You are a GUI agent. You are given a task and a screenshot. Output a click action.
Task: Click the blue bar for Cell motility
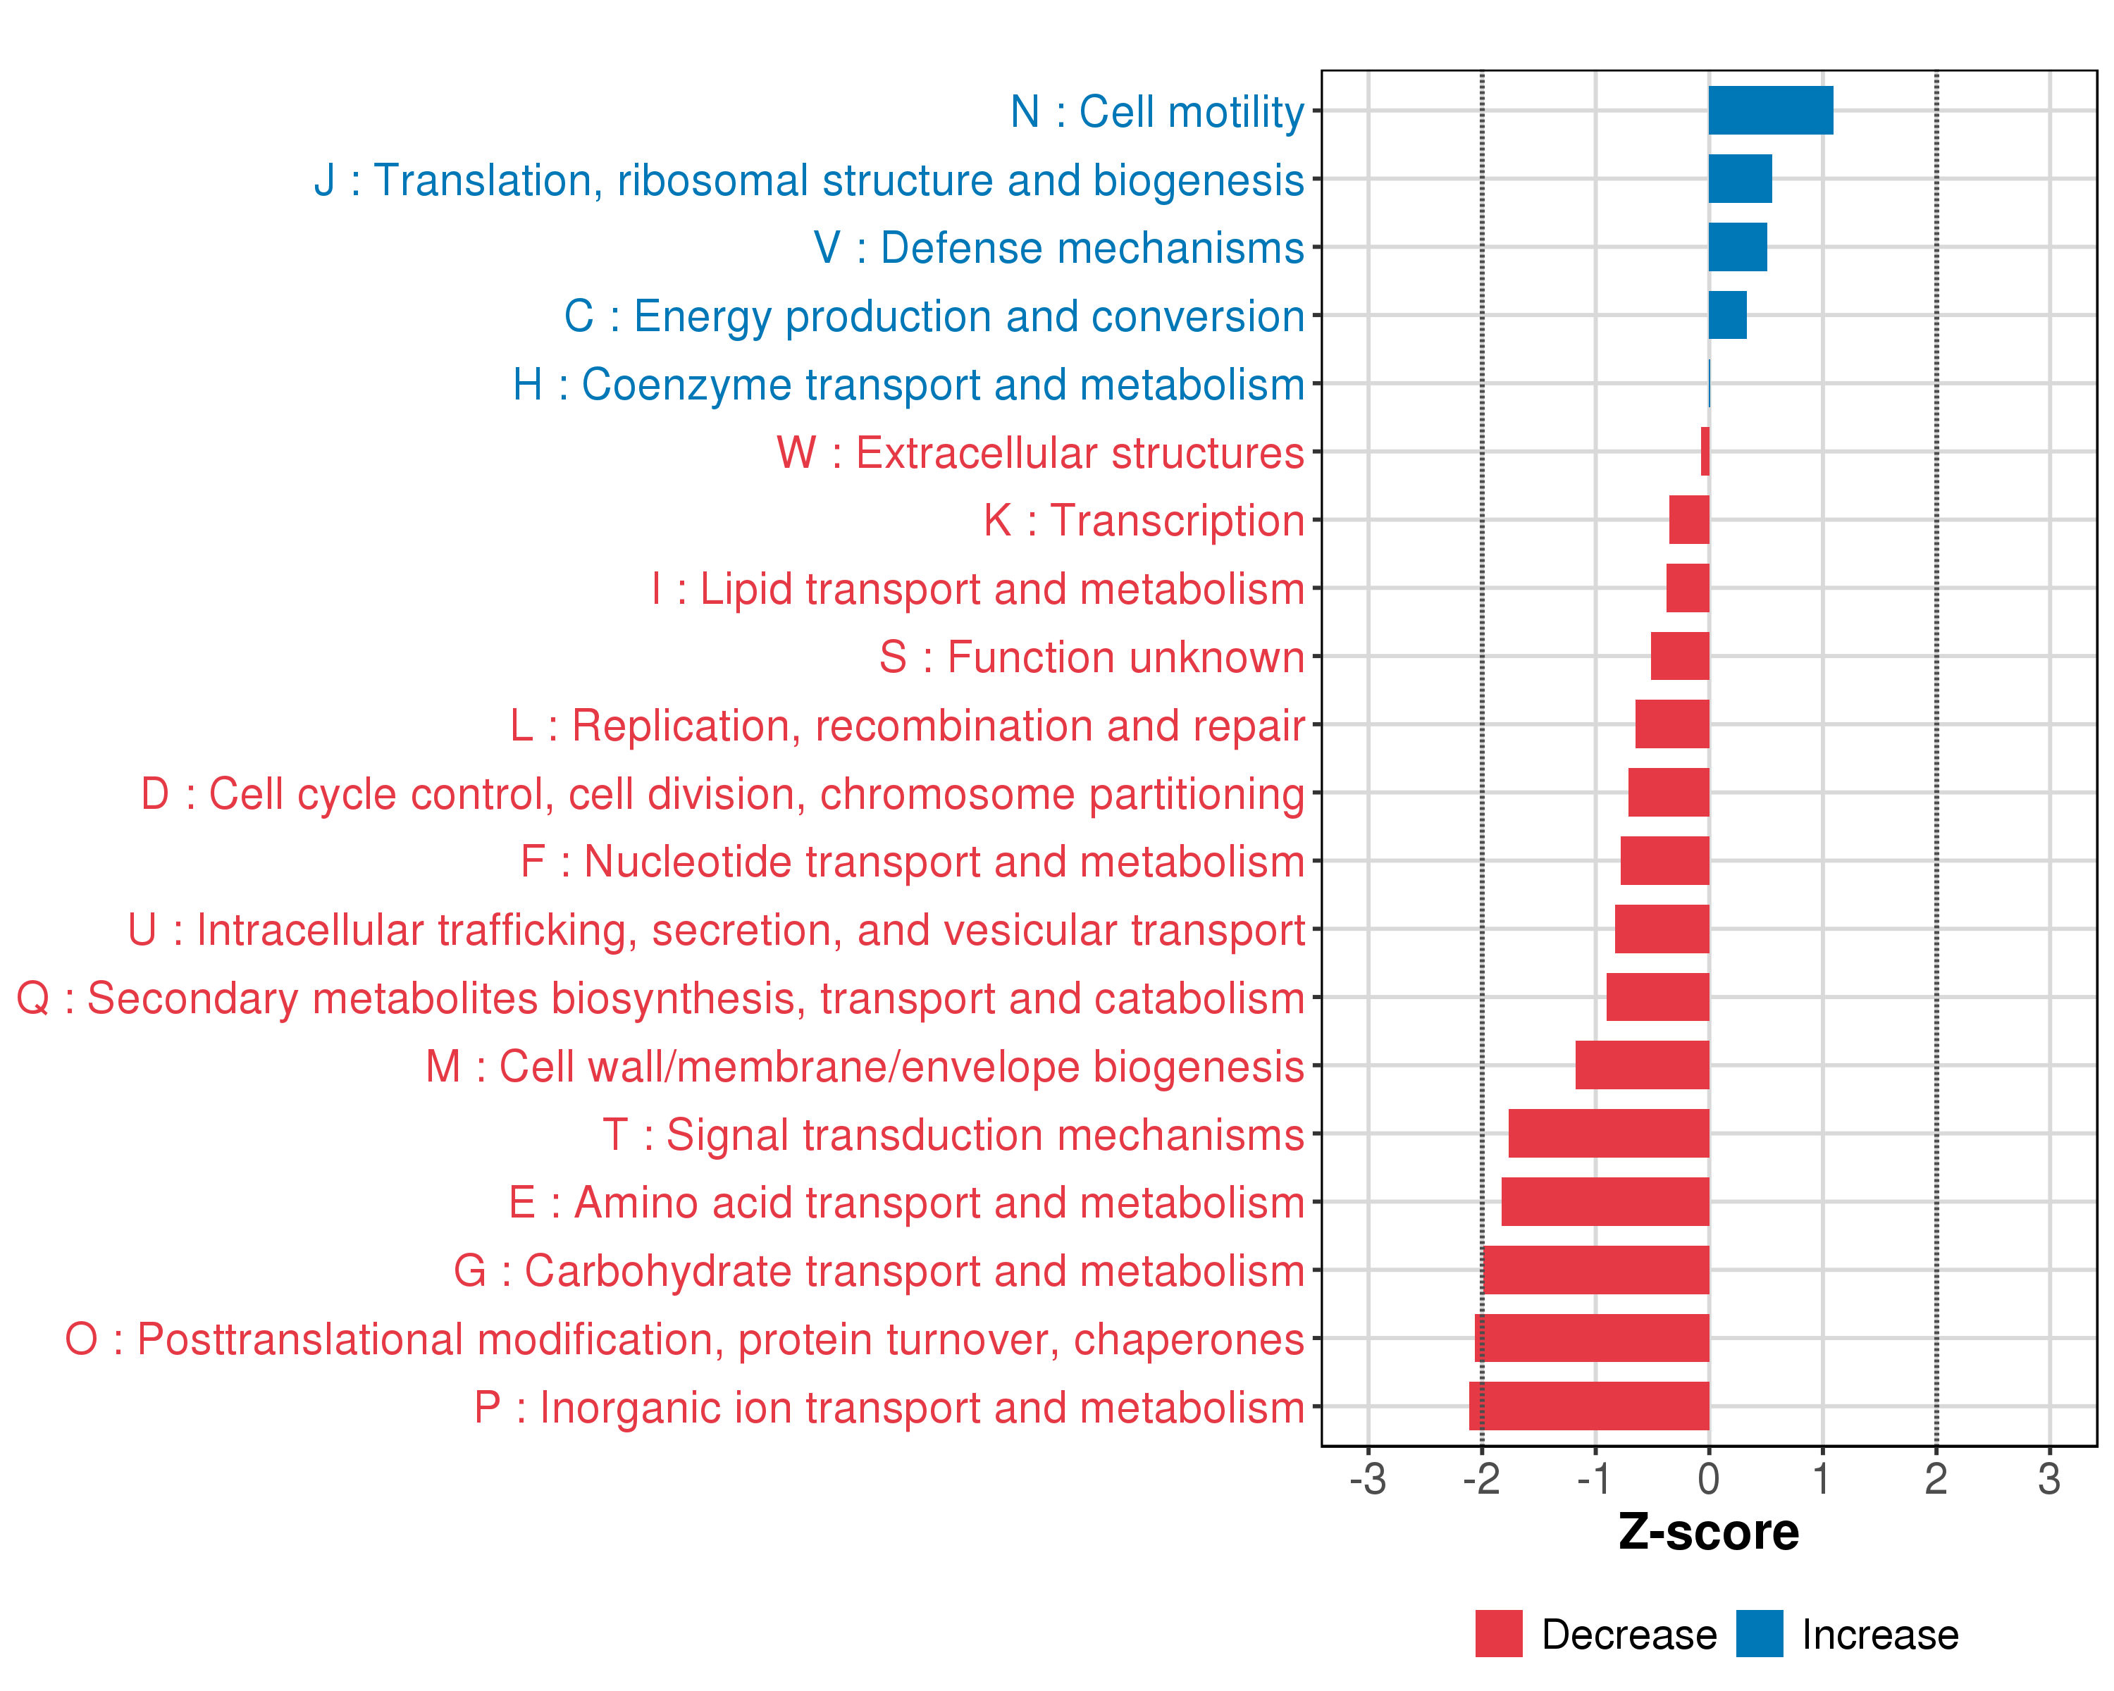pos(1770,110)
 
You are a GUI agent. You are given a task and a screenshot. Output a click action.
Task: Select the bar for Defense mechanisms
pos(1738,247)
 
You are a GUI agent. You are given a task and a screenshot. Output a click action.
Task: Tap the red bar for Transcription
pos(1689,519)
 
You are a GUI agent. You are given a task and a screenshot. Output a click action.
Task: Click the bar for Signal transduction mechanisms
pos(1609,1133)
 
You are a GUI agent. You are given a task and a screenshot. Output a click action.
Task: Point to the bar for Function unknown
pos(1680,656)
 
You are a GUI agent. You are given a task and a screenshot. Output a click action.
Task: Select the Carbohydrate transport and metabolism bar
pos(1596,1270)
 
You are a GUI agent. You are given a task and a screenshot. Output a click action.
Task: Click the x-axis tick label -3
pos(1368,1478)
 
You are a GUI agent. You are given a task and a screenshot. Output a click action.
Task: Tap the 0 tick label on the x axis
pos(1709,1478)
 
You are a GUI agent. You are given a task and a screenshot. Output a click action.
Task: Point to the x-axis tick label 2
pos(1936,1478)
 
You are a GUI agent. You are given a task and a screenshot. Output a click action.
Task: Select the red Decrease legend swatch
pos(1498,1634)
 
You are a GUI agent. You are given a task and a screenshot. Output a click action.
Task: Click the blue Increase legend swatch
pos(1759,1634)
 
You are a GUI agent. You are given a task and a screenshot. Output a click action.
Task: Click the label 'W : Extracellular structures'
pos(1040,453)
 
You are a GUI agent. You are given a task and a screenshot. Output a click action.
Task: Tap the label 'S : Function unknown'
pos(1092,657)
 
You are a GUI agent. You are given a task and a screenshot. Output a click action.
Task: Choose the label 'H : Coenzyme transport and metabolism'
pos(908,384)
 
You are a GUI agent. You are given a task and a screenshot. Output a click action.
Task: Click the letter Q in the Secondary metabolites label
pos(33,998)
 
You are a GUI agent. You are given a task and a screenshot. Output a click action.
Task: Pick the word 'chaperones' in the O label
pos(1188,1339)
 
